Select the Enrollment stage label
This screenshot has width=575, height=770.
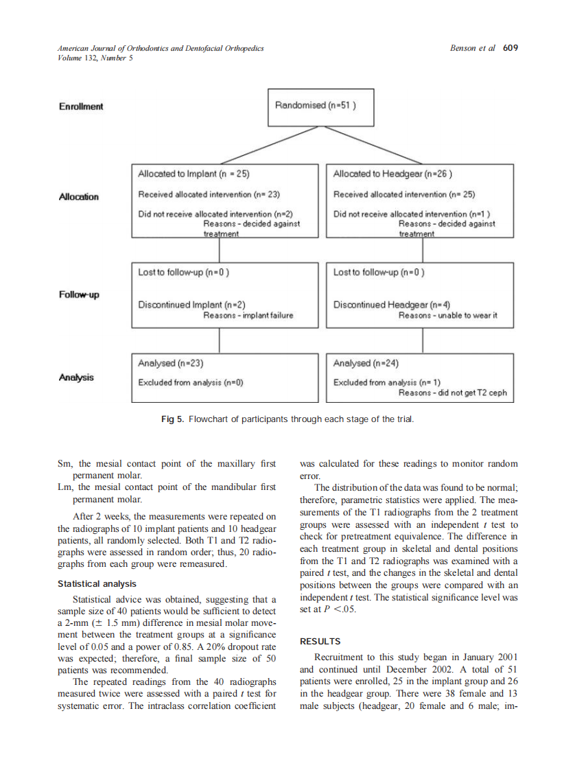tap(81, 106)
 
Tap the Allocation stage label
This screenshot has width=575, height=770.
tap(78, 197)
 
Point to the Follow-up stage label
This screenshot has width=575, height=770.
tap(79, 294)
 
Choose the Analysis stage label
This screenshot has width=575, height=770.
tap(77, 377)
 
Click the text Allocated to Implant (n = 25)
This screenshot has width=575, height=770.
tap(188, 174)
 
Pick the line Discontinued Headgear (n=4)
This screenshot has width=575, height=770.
tap(391, 305)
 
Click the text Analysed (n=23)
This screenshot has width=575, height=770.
tap(170, 363)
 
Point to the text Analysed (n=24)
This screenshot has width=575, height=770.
tap(366, 363)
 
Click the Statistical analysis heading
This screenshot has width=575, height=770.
tap(97, 584)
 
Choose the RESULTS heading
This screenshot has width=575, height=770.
tap(320, 642)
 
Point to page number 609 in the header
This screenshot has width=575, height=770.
tap(510, 48)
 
